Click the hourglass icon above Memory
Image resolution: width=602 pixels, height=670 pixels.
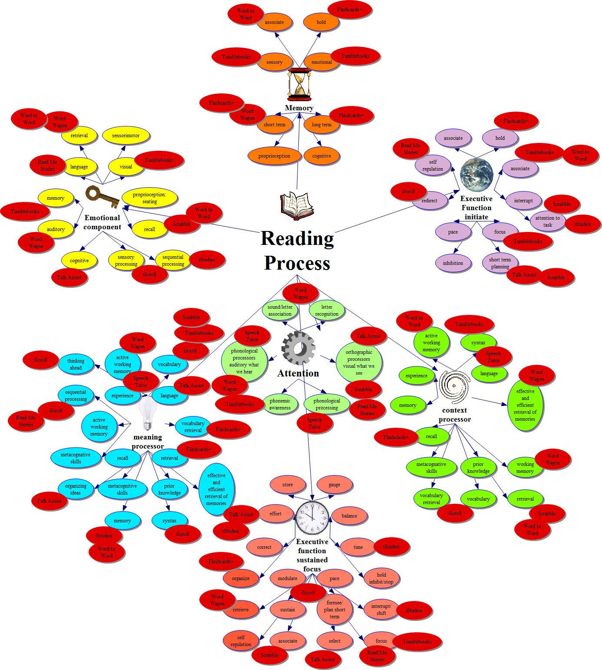[299, 84]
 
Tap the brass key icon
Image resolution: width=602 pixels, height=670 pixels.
[102, 197]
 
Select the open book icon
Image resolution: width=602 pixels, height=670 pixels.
[297, 205]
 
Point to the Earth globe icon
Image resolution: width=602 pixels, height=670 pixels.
[476, 175]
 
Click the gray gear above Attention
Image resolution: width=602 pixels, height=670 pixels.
[298, 348]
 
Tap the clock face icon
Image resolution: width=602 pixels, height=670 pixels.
[312, 518]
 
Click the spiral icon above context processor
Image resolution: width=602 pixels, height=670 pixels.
[454, 386]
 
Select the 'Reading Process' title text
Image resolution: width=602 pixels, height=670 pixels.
[298, 251]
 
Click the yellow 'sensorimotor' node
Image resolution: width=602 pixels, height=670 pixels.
[126, 135]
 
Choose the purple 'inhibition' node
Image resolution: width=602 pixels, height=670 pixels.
[453, 263]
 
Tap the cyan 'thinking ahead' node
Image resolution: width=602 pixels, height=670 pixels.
[76, 364]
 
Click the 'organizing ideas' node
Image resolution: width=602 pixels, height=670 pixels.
[76, 489]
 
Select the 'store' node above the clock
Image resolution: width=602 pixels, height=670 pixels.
[288, 485]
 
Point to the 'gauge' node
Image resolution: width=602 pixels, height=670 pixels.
[334, 485]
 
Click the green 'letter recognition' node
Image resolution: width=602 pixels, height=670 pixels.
[327, 310]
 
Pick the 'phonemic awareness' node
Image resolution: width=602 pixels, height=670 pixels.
[280, 404]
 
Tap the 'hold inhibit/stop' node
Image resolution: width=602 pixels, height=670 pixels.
[381, 578]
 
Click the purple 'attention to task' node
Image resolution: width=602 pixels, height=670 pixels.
[547, 221]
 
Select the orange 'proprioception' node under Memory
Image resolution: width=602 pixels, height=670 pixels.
[274, 156]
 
